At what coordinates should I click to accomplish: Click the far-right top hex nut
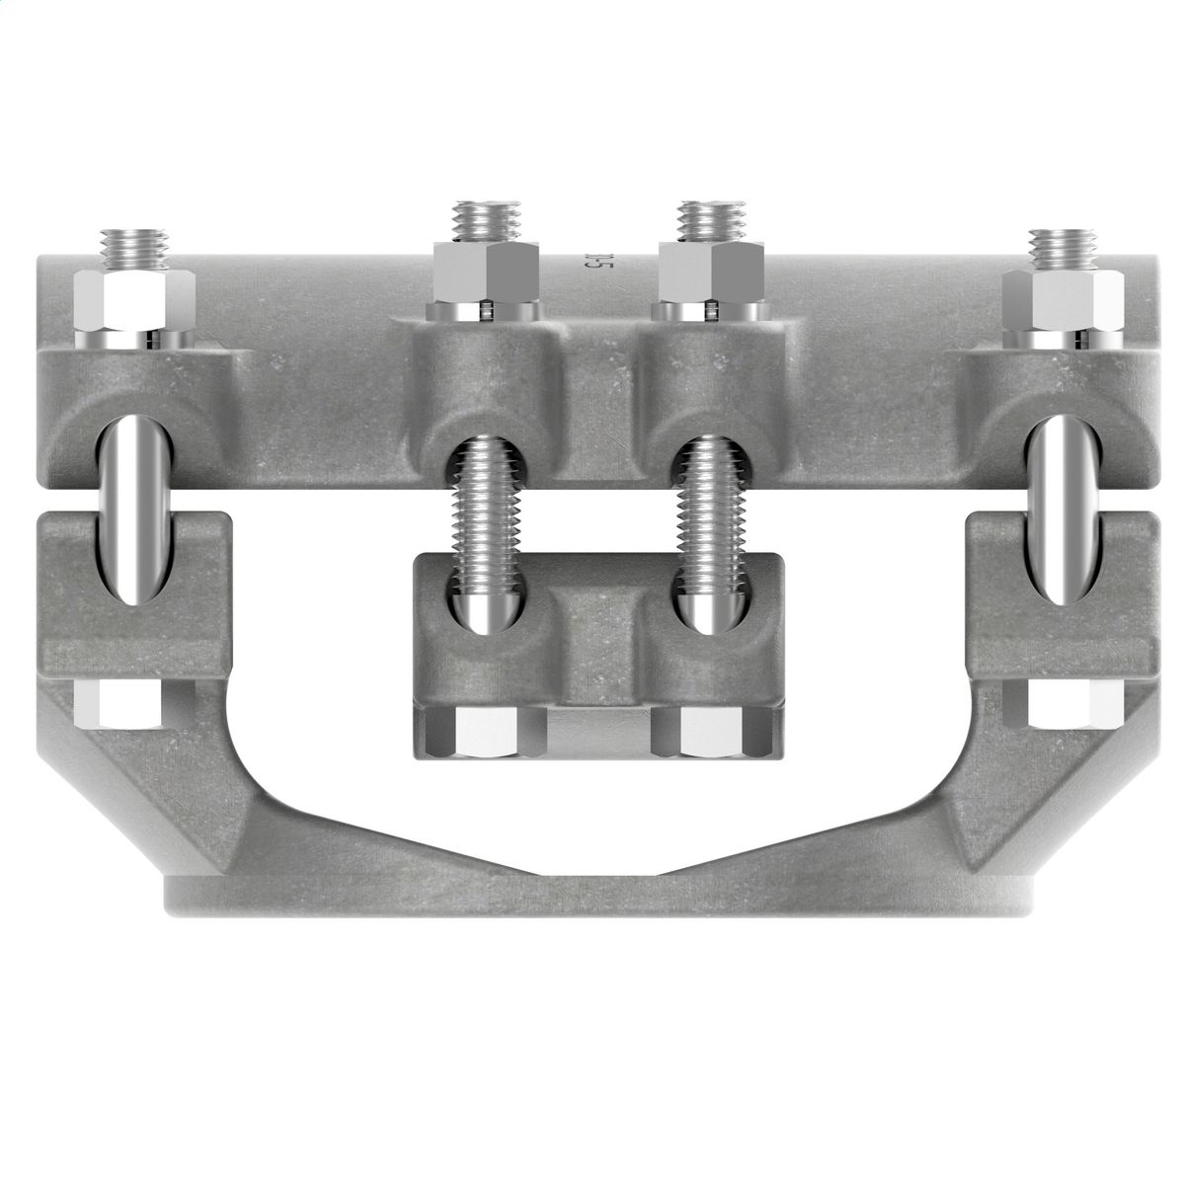click(1063, 301)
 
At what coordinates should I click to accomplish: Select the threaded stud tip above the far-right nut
click(1063, 249)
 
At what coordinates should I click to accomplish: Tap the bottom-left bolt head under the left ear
click(117, 703)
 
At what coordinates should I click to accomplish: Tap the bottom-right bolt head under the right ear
click(1067, 703)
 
